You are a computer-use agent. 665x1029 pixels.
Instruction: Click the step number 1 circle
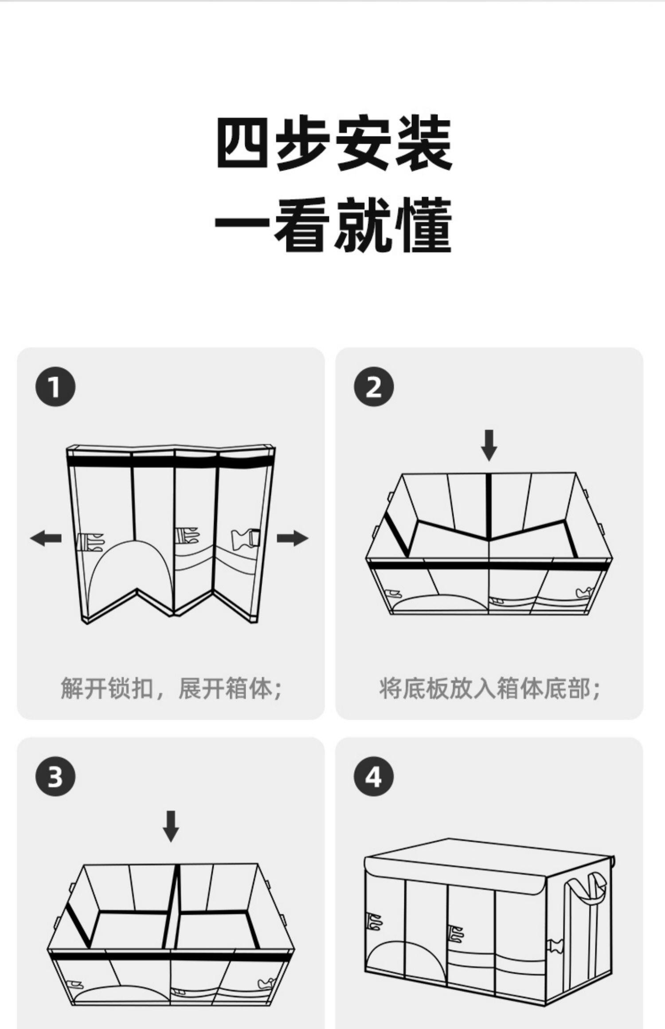[55, 387]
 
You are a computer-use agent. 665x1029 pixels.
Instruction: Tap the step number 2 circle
[374, 387]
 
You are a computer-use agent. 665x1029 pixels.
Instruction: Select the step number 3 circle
[55, 777]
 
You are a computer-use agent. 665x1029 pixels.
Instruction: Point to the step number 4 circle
[374, 777]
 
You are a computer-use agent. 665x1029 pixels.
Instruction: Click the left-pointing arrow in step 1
[46, 538]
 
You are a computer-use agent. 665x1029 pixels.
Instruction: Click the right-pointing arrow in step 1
[292, 538]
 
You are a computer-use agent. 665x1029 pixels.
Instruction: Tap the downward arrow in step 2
[489, 445]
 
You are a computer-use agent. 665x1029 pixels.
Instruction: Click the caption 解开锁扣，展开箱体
[171, 688]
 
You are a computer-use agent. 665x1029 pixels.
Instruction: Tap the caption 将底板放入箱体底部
[489, 688]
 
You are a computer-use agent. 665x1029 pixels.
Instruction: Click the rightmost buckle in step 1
[245, 538]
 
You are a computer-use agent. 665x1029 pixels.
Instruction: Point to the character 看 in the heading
[302, 226]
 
